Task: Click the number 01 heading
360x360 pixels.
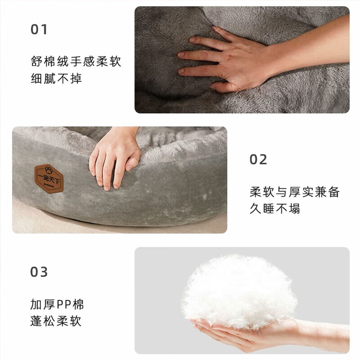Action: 39,30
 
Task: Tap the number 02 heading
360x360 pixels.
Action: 258,159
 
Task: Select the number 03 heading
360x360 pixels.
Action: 39,272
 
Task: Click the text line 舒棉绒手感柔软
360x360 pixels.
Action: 76,62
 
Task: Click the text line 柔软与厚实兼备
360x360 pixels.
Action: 294,192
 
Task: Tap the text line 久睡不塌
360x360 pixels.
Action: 275,209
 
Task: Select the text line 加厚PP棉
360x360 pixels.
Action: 57,305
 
